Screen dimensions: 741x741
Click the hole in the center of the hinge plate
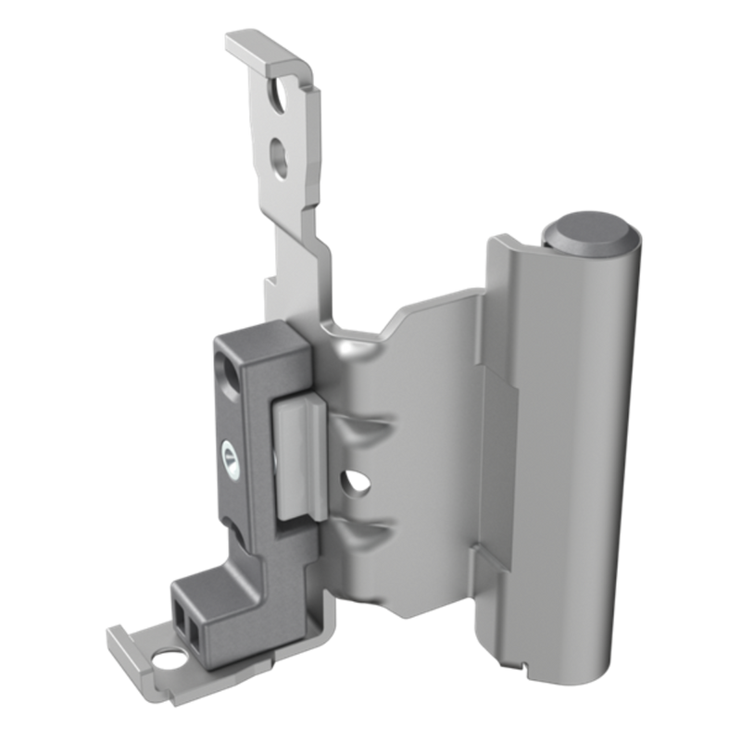click(x=351, y=483)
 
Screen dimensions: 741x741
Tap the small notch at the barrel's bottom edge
click(x=523, y=663)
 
